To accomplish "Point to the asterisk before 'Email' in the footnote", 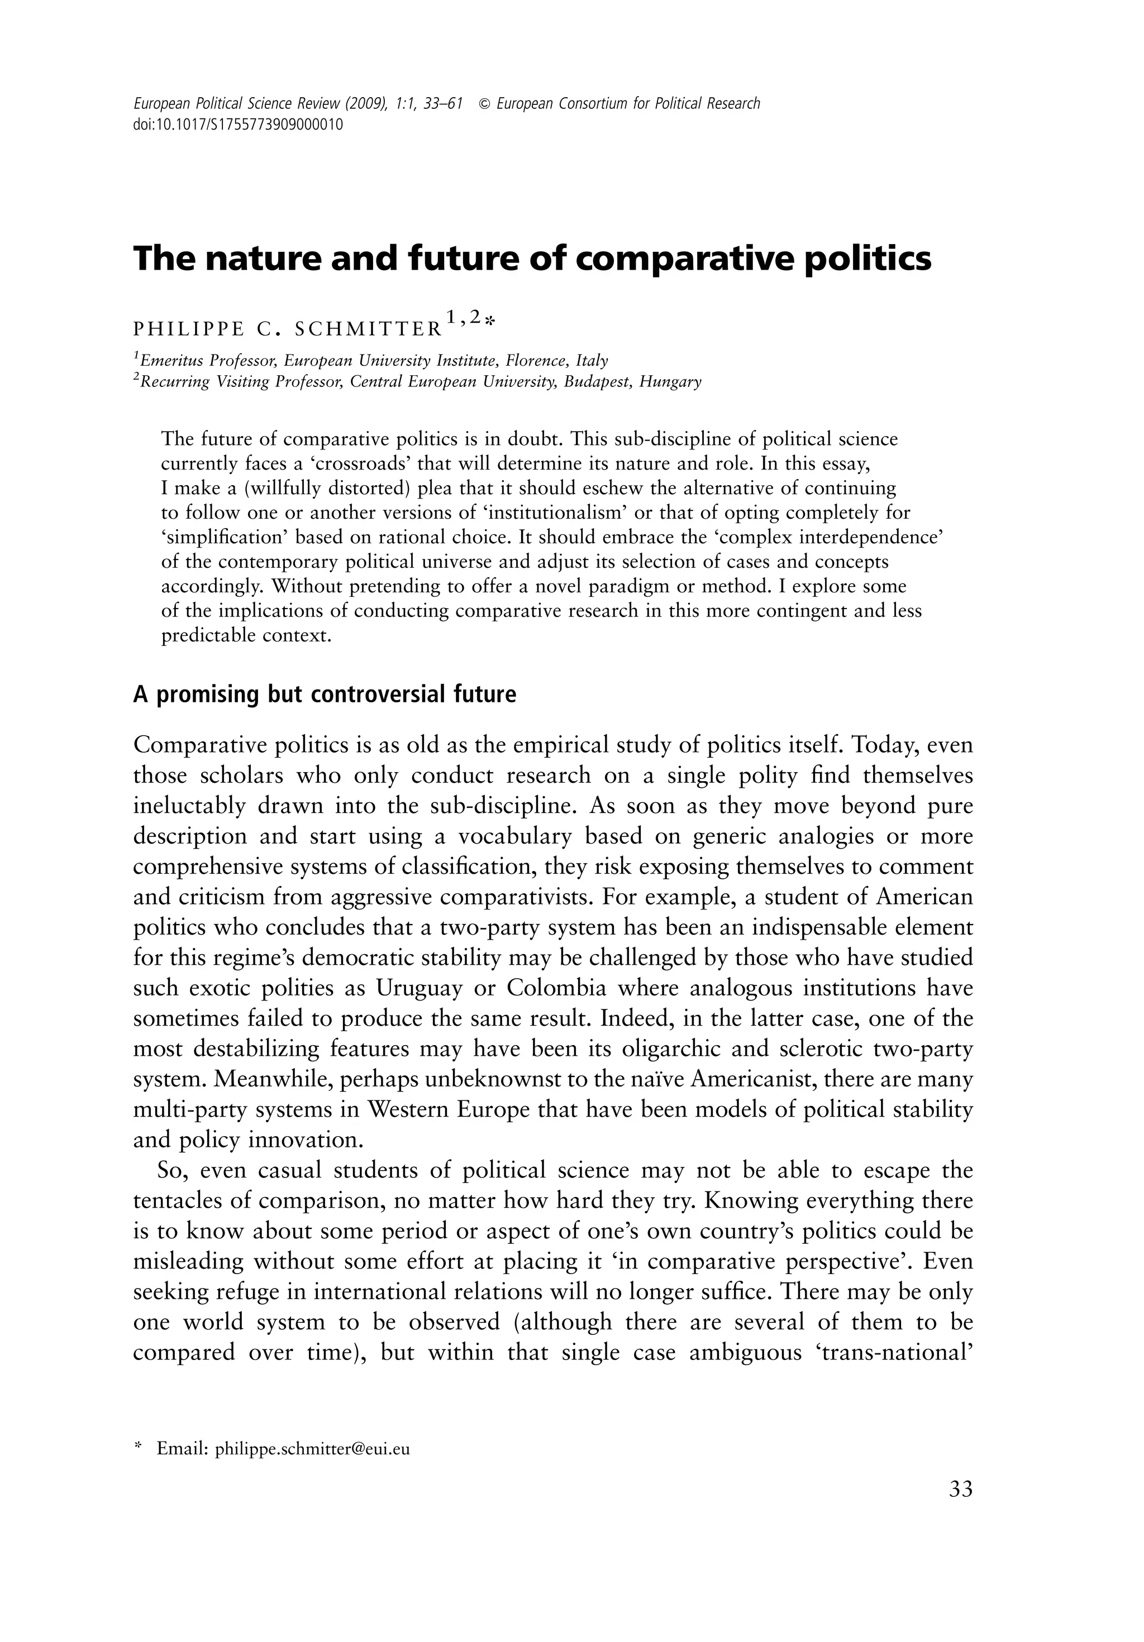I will point(138,1448).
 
